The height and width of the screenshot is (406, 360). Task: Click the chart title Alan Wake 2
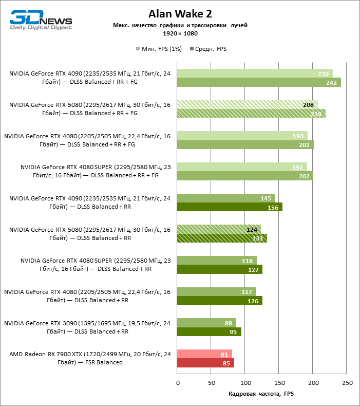(180, 14)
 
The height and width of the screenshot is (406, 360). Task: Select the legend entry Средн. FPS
(208, 49)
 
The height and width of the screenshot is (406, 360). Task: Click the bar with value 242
(259, 82)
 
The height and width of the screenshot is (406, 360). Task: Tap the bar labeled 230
(255, 73)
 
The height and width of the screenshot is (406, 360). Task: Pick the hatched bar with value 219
(251, 114)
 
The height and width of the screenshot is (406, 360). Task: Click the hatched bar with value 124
(219, 229)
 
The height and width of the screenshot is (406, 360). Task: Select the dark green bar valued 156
(230, 207)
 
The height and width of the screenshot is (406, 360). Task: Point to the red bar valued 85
(205, 363)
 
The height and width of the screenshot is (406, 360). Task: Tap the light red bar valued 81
(204, 354)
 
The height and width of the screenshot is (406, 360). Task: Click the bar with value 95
(209, 332)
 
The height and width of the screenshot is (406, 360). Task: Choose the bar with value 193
(242, 136)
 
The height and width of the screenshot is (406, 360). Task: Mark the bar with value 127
(220, 269)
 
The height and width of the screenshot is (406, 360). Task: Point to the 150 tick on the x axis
(279, 382)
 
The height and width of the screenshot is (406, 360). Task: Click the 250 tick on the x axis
(347, 382)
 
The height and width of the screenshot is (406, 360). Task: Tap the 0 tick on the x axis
(178, 382)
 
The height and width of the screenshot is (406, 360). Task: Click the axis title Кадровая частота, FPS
(261, 394)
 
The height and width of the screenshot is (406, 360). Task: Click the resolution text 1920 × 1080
(180, 33)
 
